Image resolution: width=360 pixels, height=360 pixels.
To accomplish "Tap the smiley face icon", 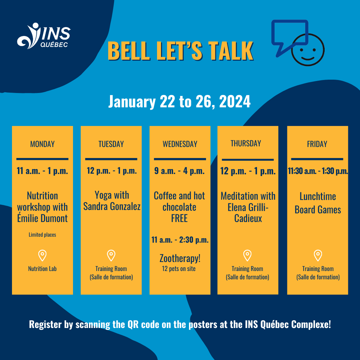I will click(307, 49).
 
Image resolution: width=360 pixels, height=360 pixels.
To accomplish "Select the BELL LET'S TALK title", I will click(180, 51).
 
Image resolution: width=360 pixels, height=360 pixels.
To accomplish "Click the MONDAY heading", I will click(42, 144).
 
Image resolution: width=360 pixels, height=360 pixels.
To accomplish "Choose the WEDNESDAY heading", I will click(180, 144).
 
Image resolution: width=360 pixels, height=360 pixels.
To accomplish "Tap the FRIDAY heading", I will click(317, 144).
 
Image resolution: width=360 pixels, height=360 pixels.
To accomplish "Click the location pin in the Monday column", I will click(42, 256).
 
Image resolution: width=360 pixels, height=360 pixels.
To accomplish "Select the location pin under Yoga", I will click(111, 256).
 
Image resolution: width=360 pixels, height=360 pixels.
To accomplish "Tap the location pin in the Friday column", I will click(318, 256).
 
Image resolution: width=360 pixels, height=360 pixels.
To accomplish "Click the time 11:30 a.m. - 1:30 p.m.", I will click(318, 171).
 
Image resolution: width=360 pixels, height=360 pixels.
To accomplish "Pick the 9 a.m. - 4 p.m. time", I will click(179, 171).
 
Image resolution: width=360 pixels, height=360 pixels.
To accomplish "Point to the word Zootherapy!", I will click(180, 258).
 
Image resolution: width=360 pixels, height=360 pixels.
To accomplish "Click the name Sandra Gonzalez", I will click(112, 207).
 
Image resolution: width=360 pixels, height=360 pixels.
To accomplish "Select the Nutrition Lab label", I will click(42, 269).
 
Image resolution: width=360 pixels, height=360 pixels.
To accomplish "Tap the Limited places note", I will click(42, 235).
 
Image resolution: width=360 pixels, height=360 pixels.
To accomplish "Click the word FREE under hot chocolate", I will click(179, 218).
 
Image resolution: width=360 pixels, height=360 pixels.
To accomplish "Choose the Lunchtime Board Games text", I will click(318, 203).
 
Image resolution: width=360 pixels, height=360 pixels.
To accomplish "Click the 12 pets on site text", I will click(179, 269).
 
